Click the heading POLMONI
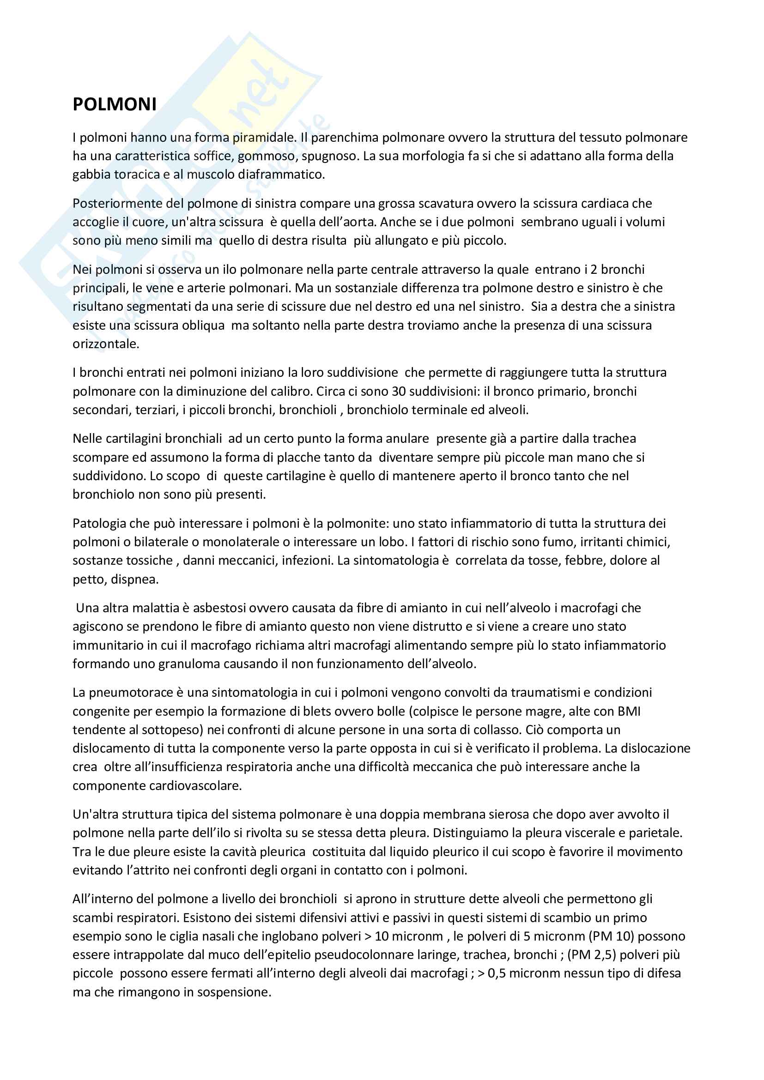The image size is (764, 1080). (114, 104)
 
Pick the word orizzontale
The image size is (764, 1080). (105, 344)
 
